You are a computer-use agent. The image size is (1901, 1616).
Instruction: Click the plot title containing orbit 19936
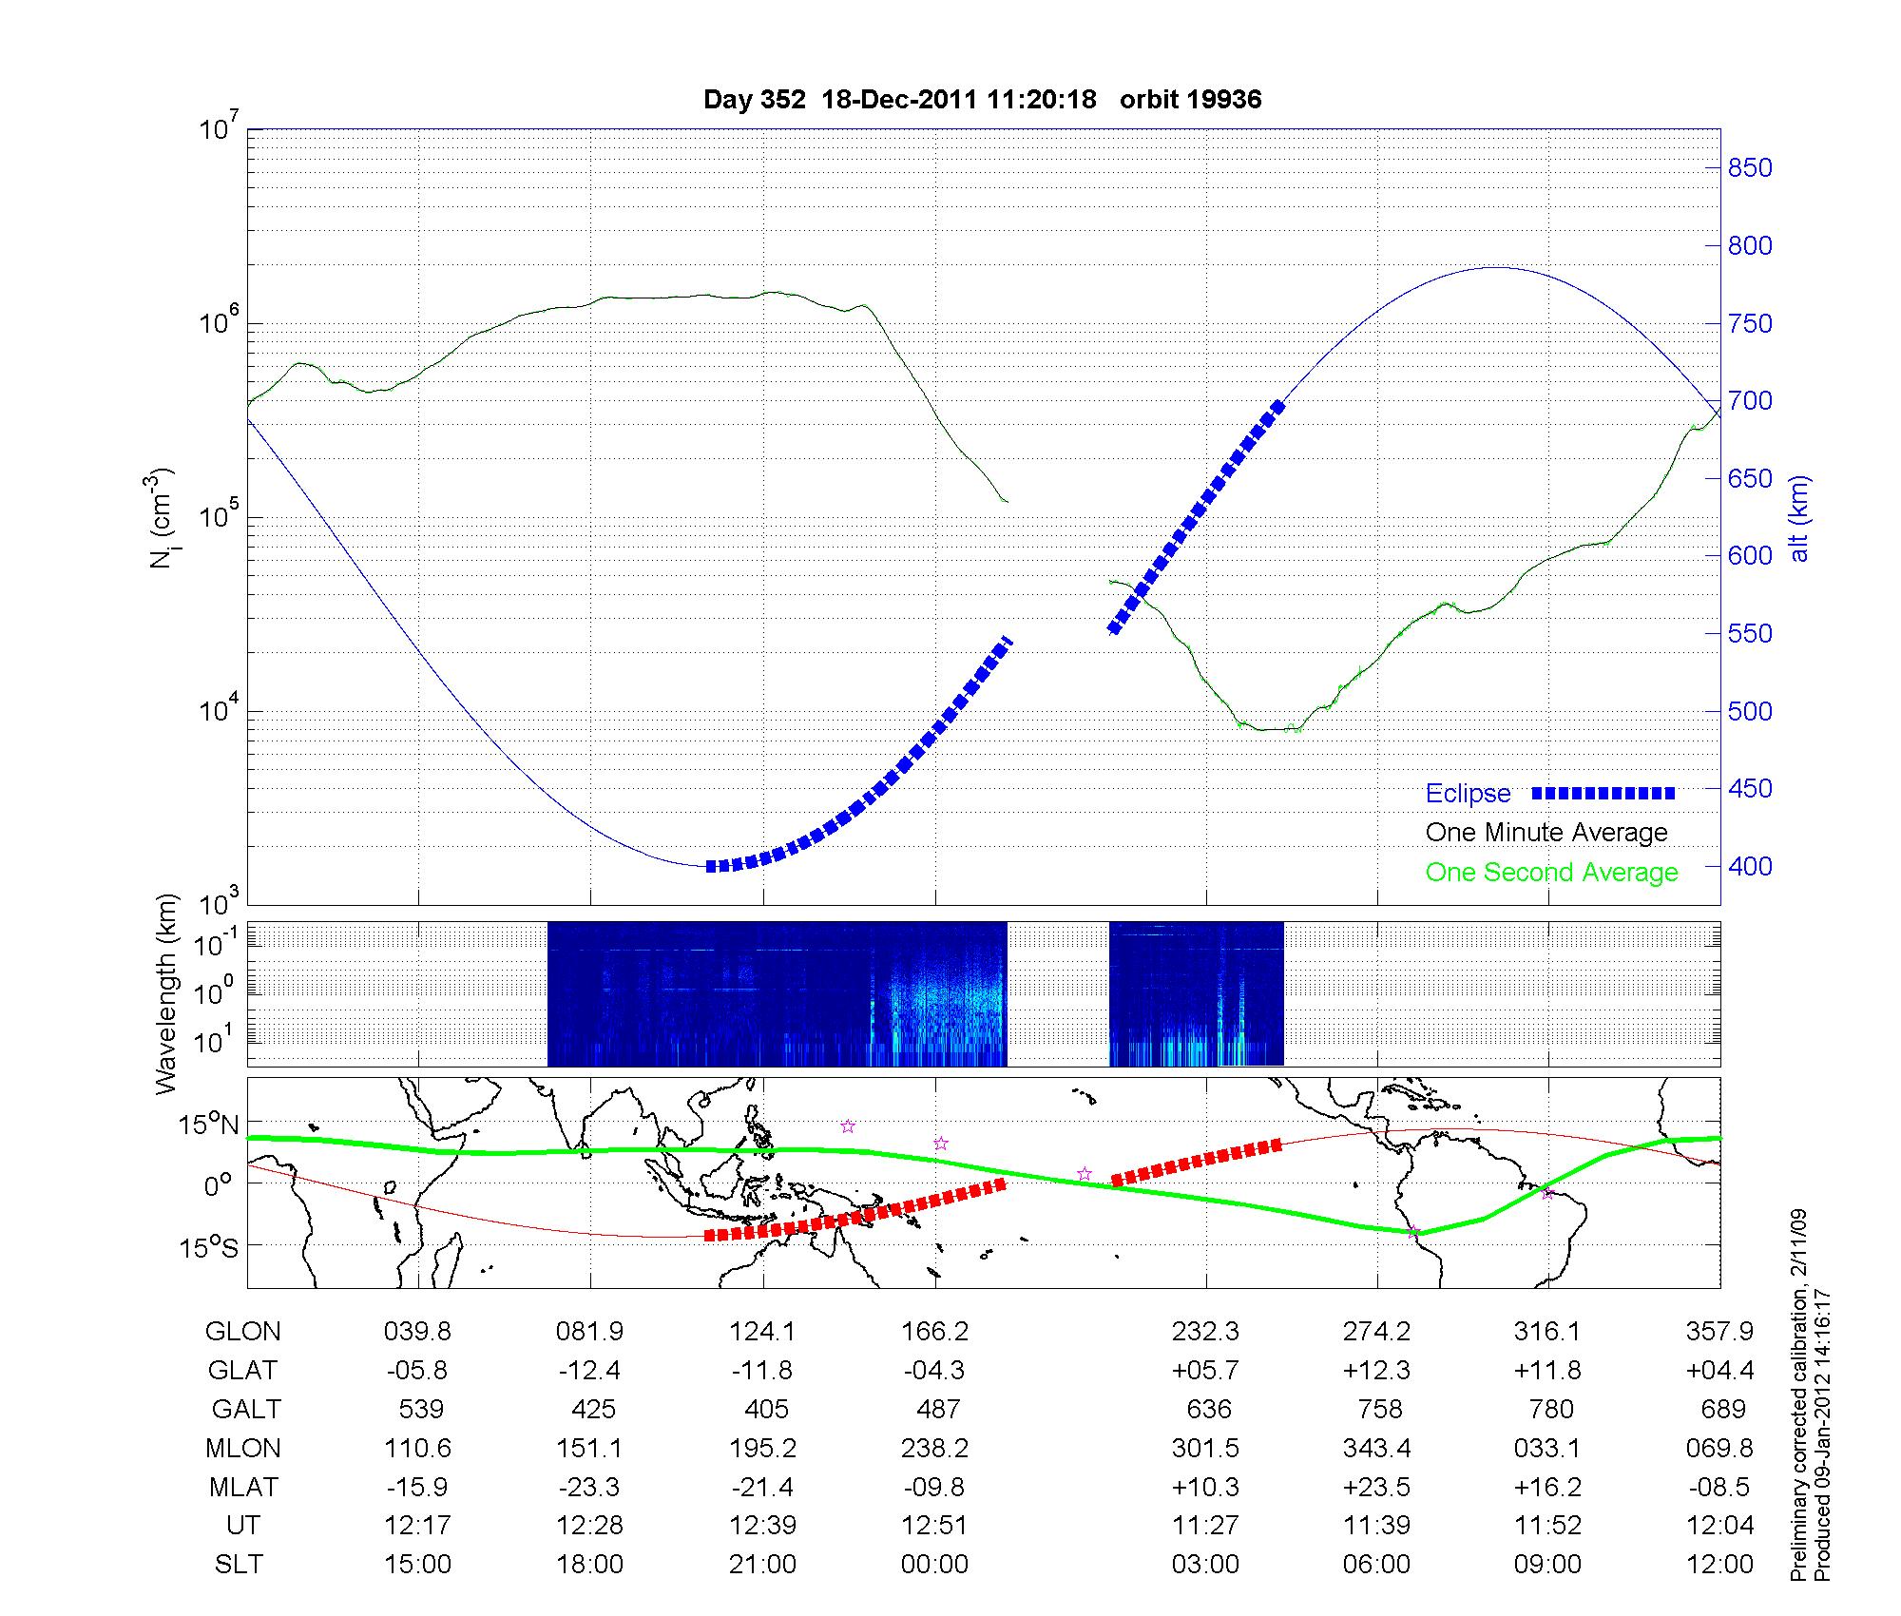click(x=982, y=100)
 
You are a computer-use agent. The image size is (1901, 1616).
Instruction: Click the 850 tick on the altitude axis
click(x=1749, y=168)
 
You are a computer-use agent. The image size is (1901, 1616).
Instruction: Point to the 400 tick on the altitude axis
click(x=1749, y=866)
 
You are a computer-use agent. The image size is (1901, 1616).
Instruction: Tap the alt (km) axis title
click(x=1799, y=518)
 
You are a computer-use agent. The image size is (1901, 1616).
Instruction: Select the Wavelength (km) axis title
click(x=167, y=993)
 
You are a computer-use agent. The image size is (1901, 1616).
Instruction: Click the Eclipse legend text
click(x=1468, y=794)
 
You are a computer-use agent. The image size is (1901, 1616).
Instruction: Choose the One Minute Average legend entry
click(x=1546, y=833)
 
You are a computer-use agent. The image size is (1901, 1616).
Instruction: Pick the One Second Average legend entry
click(x=1551, y=873)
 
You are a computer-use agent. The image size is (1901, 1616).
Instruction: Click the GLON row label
click(x=243, y=1332)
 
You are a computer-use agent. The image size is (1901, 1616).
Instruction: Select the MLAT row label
click(x=243, y=1487)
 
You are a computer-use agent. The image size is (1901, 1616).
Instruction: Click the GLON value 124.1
click(x=762, y=1332)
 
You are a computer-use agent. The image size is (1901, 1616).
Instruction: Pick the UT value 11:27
click(x=1205, y=1526)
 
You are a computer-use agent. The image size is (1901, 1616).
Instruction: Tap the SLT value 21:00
click(x=762, y=1565)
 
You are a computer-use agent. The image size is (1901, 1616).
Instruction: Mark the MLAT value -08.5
click(x=1720, y=1487)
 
